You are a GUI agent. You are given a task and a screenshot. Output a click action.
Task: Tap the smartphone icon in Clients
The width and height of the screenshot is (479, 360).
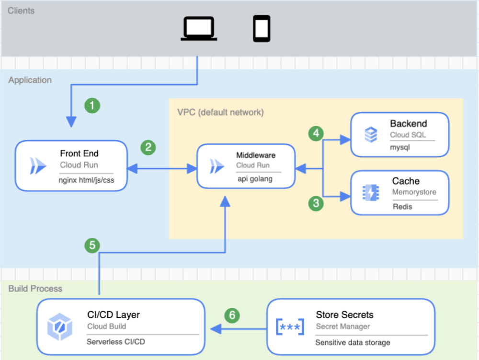click(262, 28)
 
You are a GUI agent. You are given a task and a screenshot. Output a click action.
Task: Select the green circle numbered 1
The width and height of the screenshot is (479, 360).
click(92, 105)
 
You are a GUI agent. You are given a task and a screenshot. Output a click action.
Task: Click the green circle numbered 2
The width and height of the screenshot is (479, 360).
click(148, 147)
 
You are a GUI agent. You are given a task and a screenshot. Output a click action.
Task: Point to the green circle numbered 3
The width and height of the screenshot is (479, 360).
click(316, 203)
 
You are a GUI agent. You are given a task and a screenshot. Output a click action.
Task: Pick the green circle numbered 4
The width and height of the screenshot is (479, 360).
click(316, 133)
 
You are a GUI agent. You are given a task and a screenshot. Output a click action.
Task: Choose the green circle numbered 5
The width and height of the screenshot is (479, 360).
click(92, 245)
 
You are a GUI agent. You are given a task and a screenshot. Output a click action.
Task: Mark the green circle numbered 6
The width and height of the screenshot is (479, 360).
click(232, 315)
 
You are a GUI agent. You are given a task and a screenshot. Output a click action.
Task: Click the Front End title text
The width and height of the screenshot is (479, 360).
click(79, 153)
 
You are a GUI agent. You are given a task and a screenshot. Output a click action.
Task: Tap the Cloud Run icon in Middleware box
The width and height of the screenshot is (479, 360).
click(217, 166)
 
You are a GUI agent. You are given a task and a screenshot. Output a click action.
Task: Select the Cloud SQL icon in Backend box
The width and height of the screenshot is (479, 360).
click(370, 135)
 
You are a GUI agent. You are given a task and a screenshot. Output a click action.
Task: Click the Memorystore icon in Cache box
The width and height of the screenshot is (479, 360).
click(370, 192)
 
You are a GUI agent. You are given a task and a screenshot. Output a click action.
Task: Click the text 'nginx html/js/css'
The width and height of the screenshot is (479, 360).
click(87, 180)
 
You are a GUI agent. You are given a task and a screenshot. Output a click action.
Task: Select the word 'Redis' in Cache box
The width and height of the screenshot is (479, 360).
click(402, 207)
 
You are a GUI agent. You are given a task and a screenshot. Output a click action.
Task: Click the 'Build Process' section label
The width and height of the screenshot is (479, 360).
click(35, 289)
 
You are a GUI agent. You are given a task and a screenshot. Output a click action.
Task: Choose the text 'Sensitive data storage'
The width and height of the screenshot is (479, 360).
click(353, 342)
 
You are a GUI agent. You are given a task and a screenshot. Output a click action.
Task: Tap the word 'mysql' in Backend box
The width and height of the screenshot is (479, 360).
click(400, 148)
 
